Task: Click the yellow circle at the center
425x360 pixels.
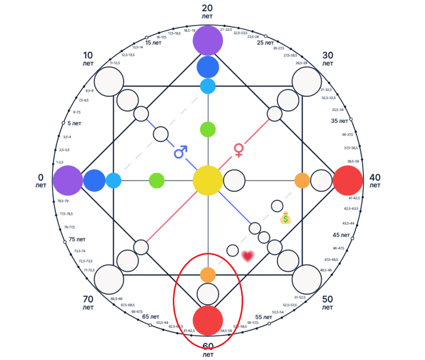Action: (x=208, y=180)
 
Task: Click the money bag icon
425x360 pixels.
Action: (x=285, y=218)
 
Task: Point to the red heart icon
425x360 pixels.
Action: (x=248, y=255)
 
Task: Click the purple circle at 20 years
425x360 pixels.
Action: (x=208, y=40)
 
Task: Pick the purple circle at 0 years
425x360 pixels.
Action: (x=68, y=180)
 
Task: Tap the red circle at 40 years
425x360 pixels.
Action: (x=348, y=180)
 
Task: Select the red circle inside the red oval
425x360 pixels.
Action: (x=208, y=320)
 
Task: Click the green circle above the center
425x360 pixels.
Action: (x=208, y=129)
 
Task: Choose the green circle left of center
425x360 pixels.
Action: (x=157, y=180)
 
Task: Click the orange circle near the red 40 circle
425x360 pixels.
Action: (x=302, y=180)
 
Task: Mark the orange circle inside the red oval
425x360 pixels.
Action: (x=208, y=275)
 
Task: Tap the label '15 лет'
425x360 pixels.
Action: (x=153, y=43)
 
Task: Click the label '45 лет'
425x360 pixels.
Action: (x=341, y=235)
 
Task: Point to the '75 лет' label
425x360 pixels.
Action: (x=77, y=239)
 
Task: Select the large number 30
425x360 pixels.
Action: (x=328, y=55)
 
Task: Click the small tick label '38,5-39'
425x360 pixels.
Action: (x=353, y=161)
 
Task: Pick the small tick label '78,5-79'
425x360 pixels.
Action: (x=63, y=201)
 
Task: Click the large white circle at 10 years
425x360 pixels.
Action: (x=109, y=81)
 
